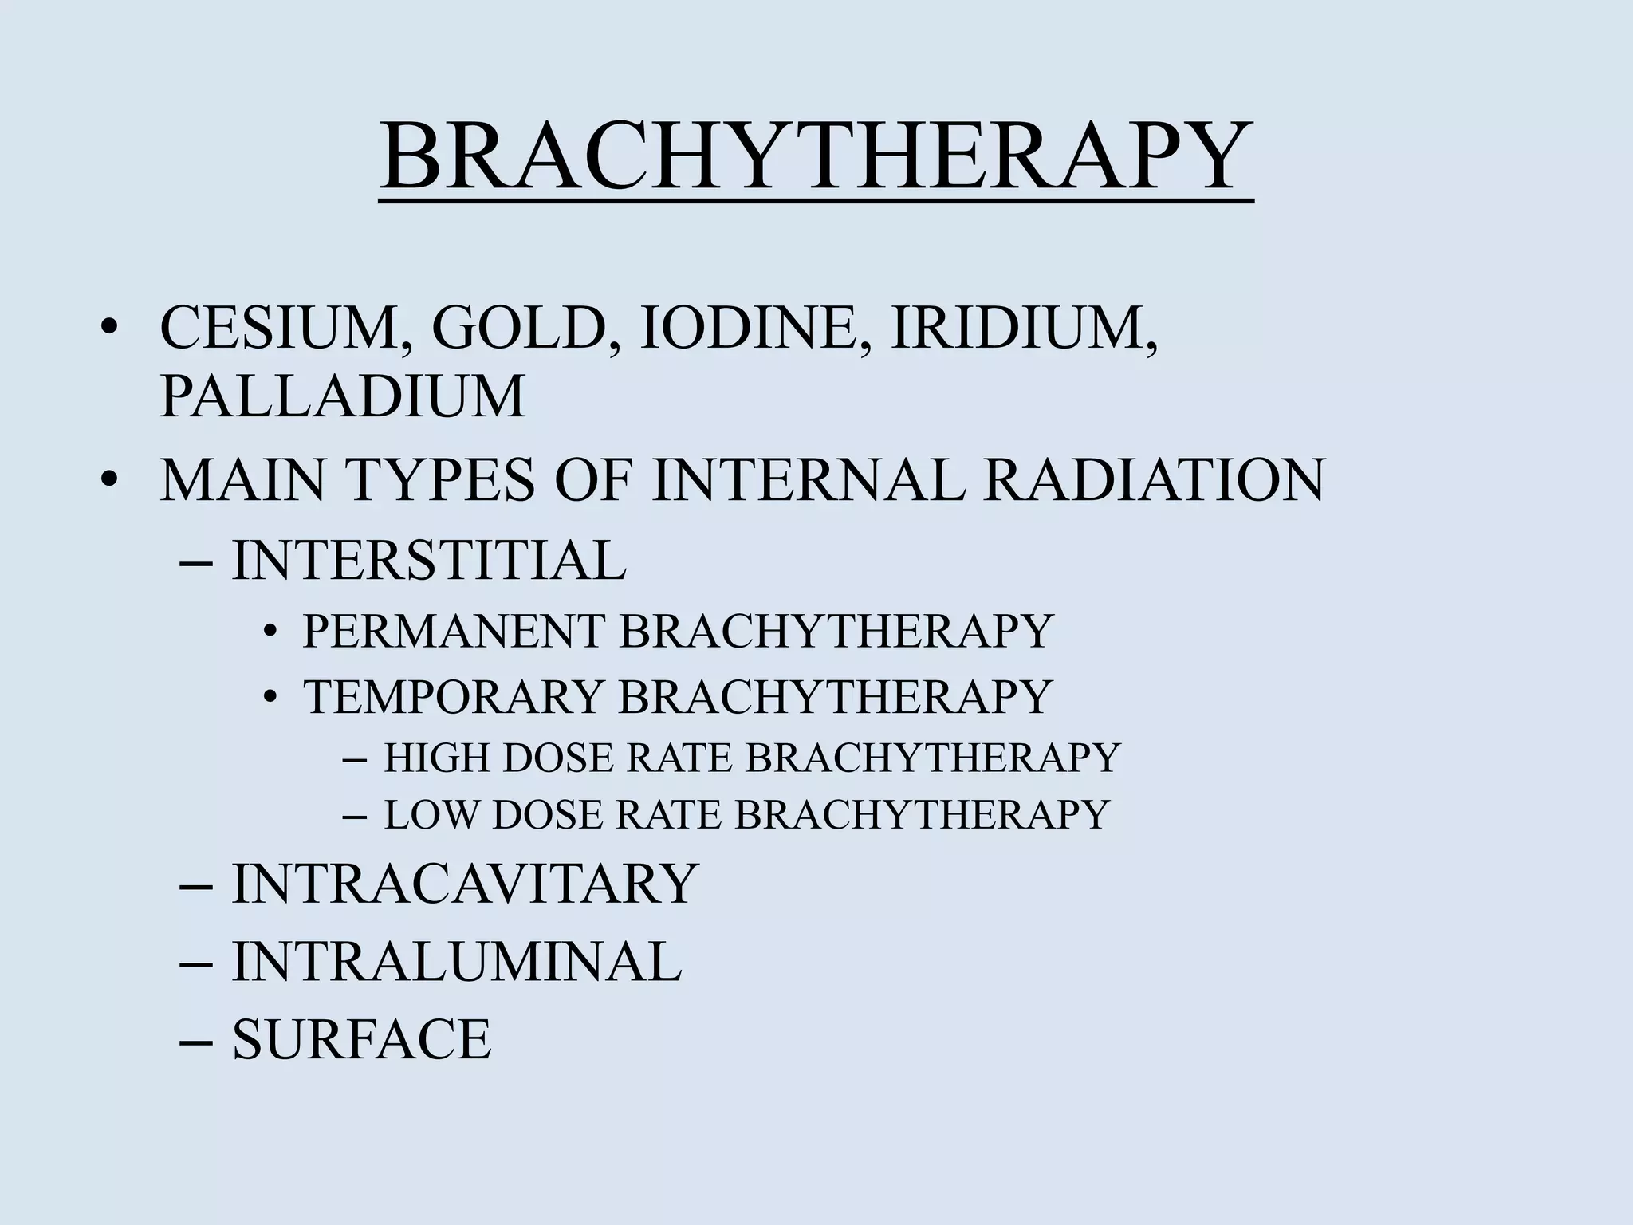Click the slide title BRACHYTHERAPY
(x=815, y=157)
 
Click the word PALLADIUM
(x=343, y=396)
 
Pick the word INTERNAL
(x=808, y=480)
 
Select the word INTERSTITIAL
(x=429, y=561)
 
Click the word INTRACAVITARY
(x=465, y=884)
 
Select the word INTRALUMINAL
(x=457, y=962)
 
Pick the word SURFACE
(x=361, y=1040)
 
